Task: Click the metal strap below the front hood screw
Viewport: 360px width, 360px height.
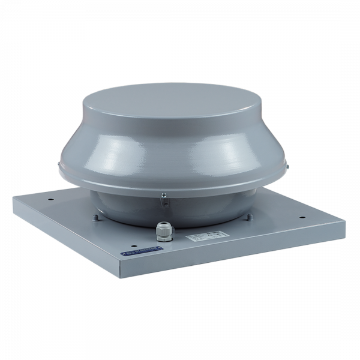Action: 164,201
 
